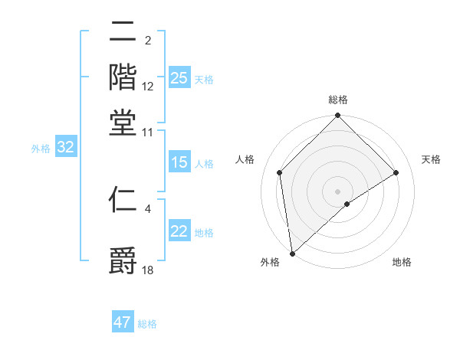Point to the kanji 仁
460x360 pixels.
(123, 201)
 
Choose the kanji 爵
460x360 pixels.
(123, 259)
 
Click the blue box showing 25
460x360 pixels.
(179, 77)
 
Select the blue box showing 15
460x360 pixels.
(179, 162)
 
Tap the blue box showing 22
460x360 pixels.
(179, 231)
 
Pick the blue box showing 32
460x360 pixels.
(65, 148)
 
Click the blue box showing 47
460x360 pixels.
(123, 322)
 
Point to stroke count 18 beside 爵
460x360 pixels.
(149, 270)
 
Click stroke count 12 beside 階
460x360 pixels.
(149, 87)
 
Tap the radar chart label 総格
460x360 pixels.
(338, 100)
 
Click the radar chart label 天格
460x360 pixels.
(431, 159)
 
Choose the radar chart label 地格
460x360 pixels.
(402, 262)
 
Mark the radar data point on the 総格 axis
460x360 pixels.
(338, 116)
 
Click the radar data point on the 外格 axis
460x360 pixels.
(291, 254)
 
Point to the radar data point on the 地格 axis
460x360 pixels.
(347, 204)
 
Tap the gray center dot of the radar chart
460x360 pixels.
(338, 191)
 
